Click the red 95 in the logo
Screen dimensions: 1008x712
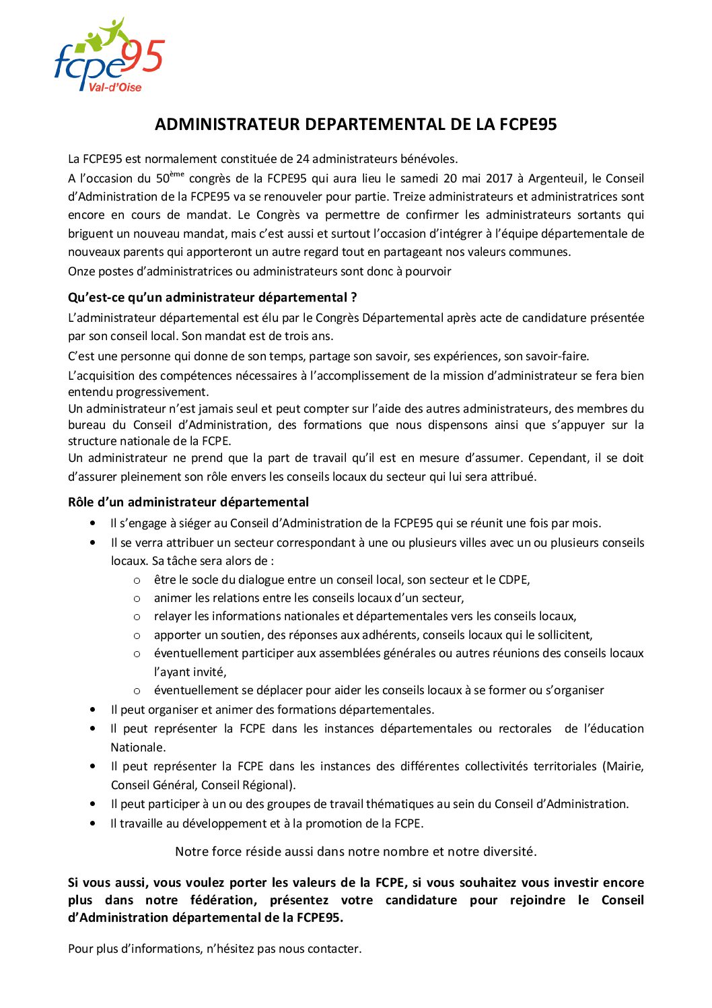[x=144, y=56]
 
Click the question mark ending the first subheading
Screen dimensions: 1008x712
[x=354, y=298]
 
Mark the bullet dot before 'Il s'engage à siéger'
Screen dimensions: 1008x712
[x=92, y=523]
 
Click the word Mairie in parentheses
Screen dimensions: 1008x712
[x=625, y=766]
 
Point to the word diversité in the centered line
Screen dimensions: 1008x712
[x=509, y=852]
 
